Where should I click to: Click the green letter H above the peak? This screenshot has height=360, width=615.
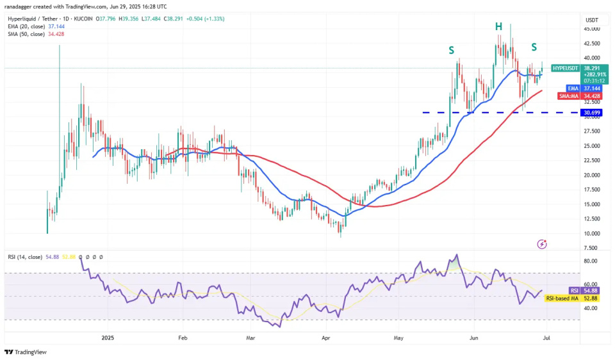point(498,26)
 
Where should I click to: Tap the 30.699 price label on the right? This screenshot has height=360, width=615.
point(591,113)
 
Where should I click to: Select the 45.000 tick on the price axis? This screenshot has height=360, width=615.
point(591,29)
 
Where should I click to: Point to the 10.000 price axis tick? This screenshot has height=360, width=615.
point(591,234)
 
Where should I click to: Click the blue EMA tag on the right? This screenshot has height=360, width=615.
point(572,88)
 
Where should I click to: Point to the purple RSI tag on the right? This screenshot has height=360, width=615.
point(574,291)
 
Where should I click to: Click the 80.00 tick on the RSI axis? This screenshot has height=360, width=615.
point(591,261)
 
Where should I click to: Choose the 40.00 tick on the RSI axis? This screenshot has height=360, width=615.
point(591,308)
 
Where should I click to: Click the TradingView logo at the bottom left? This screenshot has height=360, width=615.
point(26,352)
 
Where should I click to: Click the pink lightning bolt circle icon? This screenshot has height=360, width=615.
point(543,244)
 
